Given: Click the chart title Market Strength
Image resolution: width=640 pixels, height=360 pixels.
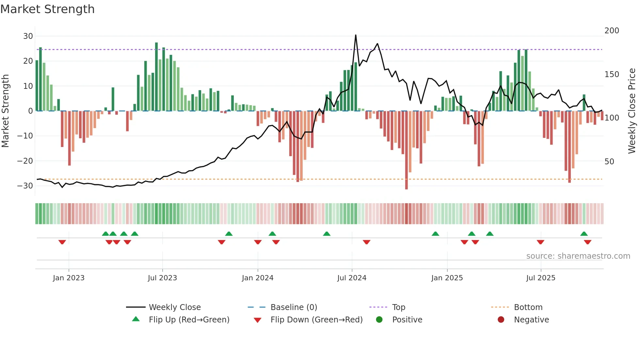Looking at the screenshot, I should [47, 9].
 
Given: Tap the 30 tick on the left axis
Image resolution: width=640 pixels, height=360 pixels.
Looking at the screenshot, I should [28, 36].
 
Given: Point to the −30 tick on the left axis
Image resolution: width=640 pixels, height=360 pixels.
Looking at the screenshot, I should [25, 186].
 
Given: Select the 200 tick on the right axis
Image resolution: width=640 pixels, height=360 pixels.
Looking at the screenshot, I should [612, 31].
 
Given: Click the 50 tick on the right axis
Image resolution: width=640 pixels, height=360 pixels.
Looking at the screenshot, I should [609, 162].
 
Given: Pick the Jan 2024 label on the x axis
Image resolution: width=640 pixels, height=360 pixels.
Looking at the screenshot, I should [258, 278].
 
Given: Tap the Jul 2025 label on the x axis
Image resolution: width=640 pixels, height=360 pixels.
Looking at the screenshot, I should [541, 278].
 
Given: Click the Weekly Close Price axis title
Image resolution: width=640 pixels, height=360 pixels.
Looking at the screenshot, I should [632, 111].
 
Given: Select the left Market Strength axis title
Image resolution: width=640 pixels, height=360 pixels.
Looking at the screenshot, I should [5, 111].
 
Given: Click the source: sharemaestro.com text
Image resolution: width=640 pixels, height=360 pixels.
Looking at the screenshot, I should [578, 256].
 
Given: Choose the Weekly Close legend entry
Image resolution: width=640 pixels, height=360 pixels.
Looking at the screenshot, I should [175, 307].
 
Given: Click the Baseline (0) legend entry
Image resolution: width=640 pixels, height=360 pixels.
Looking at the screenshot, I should [294, 307].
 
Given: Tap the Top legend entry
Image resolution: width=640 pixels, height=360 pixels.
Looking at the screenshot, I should [398, 307].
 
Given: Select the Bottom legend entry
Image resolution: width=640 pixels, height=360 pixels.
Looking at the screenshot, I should [528, 307].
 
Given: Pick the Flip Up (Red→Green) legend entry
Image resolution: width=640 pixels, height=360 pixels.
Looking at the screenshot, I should [189, 320].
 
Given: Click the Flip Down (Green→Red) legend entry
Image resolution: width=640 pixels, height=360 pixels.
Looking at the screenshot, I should [316, 320].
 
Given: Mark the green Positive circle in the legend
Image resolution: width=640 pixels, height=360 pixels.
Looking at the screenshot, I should [379, 319].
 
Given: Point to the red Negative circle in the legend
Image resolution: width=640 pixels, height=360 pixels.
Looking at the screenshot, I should [501, 319].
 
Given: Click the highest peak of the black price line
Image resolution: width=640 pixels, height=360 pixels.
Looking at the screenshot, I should [356, 35].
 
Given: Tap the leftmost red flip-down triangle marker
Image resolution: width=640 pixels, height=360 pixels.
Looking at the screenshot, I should [62, 242].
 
